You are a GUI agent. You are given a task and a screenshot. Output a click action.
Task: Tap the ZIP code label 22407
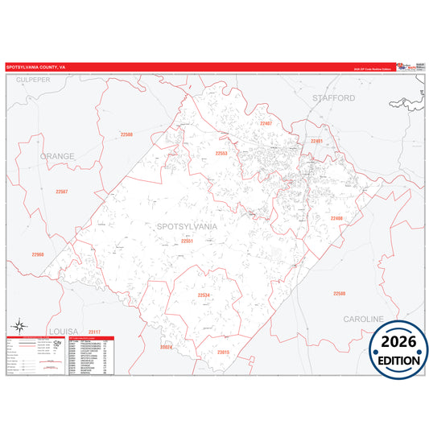(266, 123)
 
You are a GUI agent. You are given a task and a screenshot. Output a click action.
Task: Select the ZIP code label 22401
(316, 141)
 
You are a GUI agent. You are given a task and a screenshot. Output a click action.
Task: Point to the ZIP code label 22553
(221, 153)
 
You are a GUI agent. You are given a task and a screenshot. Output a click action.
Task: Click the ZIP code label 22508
(126, 134)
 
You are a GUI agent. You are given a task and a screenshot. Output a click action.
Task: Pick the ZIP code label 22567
(62, 191)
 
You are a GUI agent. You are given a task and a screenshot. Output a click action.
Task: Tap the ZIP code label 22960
(38, 254)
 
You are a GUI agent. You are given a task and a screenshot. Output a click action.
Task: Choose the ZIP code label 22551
(187, 241)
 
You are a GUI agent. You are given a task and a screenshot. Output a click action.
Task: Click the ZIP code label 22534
(204, 295)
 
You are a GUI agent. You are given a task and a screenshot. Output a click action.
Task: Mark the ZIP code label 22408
(336, 218)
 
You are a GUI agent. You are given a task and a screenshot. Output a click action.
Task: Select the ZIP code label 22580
(339, 293)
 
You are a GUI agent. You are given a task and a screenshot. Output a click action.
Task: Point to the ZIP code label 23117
(95, 332)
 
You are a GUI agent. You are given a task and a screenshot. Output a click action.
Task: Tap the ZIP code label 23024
(167, 347)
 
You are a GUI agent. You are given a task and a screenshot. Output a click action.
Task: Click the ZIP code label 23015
(223, 352)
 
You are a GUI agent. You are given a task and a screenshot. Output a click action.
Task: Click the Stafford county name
(333, 97)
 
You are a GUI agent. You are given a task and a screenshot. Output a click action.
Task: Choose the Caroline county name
(364, 320)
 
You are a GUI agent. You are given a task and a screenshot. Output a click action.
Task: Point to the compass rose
(22, 324)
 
